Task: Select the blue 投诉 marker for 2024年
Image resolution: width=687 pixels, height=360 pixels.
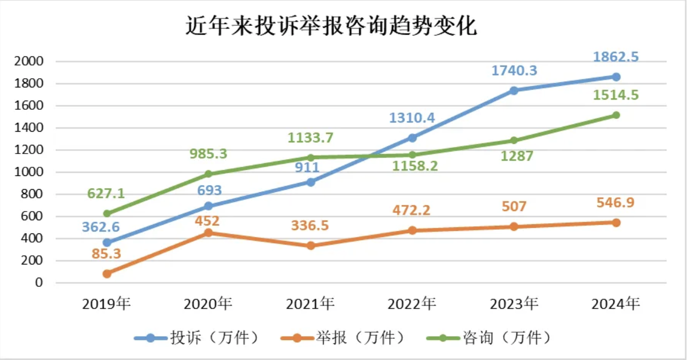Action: [x=616, y=77]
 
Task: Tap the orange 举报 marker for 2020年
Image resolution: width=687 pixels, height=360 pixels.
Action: [x=208, y=233]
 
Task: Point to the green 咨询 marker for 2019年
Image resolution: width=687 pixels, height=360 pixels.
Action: [x=107, y=214]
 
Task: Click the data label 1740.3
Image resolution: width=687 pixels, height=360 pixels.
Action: [x=514, y=70]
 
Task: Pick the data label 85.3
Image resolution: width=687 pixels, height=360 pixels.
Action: [x=107, y=253]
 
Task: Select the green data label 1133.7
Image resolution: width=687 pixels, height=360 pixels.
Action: [x=310, y=137]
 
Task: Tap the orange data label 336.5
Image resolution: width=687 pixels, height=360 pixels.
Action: [x=310, y=225]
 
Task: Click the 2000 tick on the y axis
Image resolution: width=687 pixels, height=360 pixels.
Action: [x=29, y=62]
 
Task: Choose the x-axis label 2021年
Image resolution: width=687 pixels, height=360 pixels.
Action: [x=310, y=304]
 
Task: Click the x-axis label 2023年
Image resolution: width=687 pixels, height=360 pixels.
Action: [x=514, y=304]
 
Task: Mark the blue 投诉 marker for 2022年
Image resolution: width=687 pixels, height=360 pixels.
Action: [x=412, y=138]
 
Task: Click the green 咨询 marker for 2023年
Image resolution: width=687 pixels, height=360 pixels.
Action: [x=514, y=140]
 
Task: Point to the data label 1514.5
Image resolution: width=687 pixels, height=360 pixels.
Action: [x=616, y=96]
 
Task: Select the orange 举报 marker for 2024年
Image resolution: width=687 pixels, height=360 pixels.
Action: [x=616, y=223]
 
